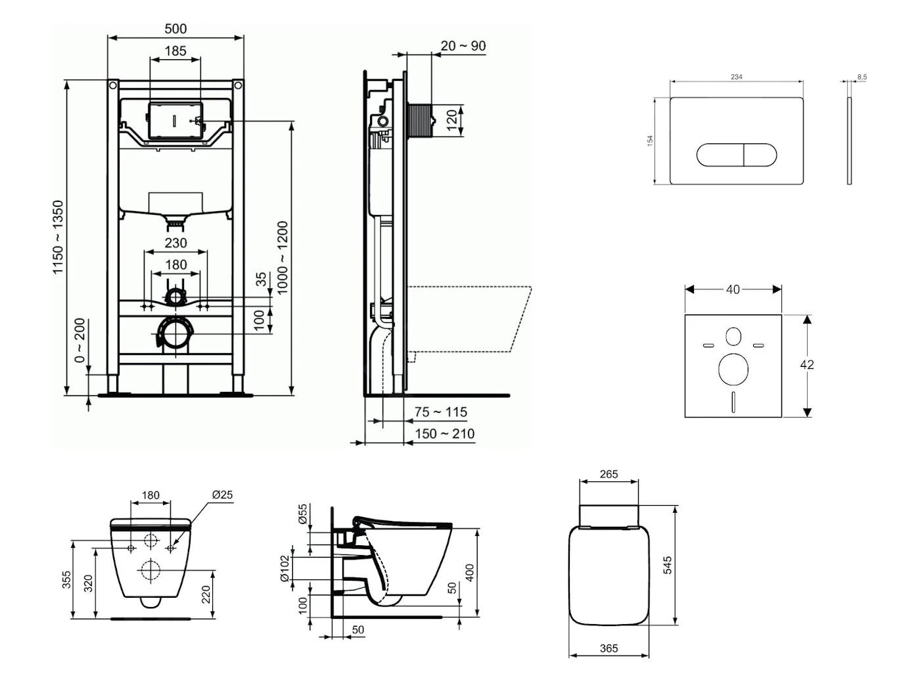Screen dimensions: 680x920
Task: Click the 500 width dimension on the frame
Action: (x=175, y=28)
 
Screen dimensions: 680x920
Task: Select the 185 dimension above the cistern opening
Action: (x=175, y=51)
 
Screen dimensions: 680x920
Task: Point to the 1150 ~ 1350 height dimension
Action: (x=59, y=237)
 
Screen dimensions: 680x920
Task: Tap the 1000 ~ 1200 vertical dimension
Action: (x=283, y=258)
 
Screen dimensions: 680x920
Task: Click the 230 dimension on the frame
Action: (x=175, y=243)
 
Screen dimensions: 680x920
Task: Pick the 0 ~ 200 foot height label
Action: (x=80, y=341)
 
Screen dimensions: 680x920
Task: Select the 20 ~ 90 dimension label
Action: (x=463, y=46)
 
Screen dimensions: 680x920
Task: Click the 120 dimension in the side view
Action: (x=451, y=120)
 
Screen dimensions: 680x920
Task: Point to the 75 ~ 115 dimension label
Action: (x=441, y=412)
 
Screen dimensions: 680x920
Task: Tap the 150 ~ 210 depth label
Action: (x=444, y=434)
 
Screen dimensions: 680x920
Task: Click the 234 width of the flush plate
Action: (x=737, y=77)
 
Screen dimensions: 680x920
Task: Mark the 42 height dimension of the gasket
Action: (x=807, y=364)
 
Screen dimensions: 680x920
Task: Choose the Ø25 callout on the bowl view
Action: (x=223, y=495)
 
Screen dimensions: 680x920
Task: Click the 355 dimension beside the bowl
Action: (x=67, y=579)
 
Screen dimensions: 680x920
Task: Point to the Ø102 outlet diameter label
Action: (x=284, y=569)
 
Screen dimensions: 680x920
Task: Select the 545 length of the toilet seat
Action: (x=668, y=565)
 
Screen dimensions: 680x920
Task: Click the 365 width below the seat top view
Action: (x=609, y=648)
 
